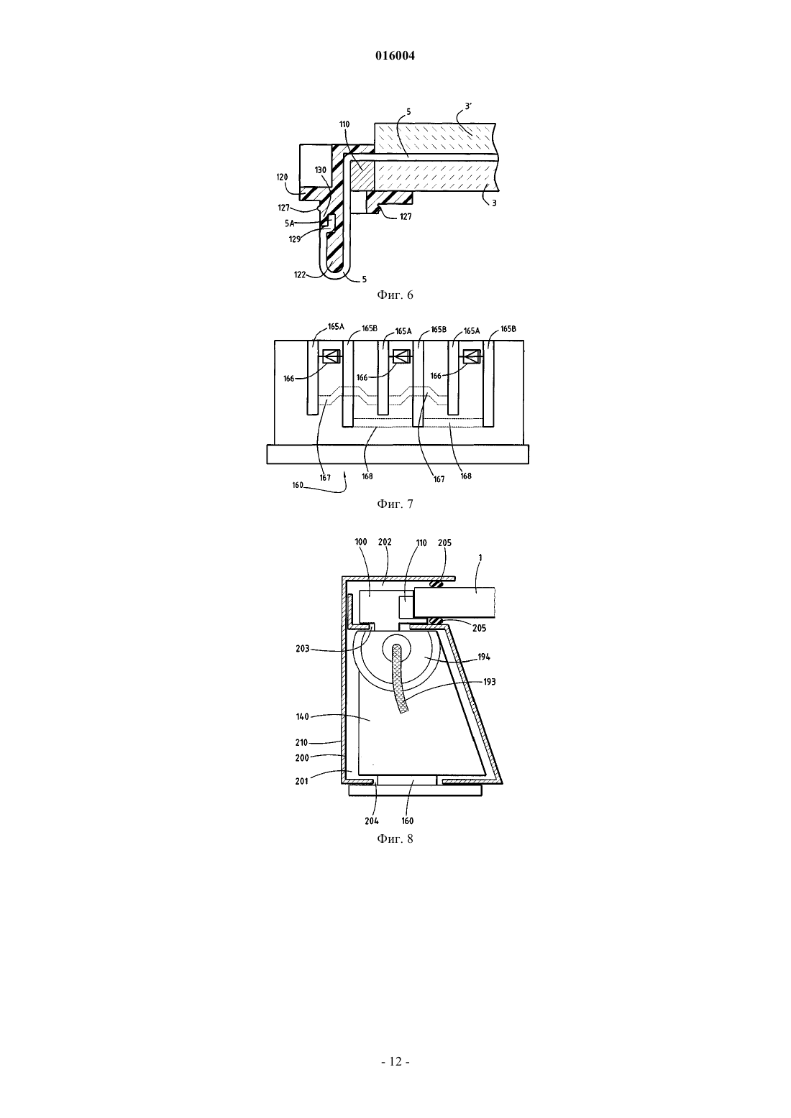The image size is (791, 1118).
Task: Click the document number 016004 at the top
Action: pos(395,55)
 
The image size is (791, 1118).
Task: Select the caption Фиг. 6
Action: pos(395,295)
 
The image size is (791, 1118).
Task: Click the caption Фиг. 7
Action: pos(395,504)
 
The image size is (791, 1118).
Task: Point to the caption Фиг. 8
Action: pos(395,839)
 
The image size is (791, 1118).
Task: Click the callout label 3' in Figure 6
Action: pos(468,106)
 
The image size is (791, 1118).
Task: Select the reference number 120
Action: pos(282,177)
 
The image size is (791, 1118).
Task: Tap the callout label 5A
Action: pos(289,223)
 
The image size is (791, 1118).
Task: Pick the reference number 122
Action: pos(300,274)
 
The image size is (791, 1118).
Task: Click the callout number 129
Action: pos(295,239)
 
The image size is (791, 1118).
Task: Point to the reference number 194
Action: pos(484,657)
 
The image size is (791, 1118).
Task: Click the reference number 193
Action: pos(490,682)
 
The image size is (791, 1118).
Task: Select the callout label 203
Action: pos(303,649)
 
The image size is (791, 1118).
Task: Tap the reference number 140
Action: pos(303,717)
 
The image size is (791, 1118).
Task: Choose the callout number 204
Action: pos(372,821)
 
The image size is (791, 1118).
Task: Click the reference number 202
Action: pos(385,542)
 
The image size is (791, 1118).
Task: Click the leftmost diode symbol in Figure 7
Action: pos(332,356)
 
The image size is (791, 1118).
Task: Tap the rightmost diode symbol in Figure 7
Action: pos(472,356)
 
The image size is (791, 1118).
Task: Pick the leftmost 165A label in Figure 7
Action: pos(336,326)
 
